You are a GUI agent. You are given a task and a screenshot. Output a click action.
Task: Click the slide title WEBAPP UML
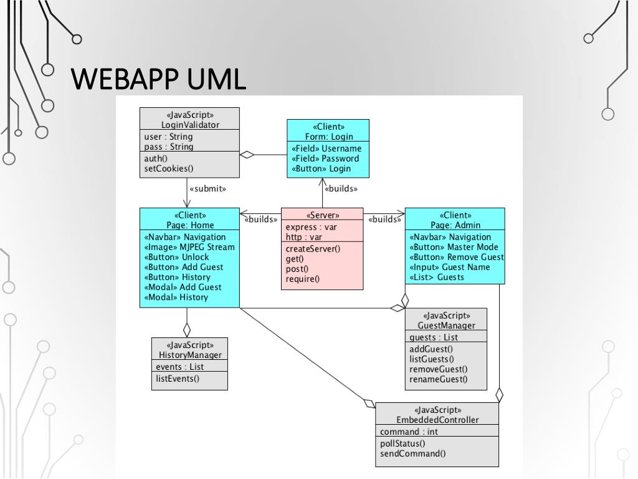point(158,79)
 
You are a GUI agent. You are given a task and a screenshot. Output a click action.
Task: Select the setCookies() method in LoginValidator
point(168,168)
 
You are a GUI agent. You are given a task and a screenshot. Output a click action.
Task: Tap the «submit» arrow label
point(207,188)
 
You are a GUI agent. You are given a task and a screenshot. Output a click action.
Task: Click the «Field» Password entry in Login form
point(325,158)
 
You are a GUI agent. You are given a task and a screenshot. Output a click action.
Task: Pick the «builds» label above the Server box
point(341,188)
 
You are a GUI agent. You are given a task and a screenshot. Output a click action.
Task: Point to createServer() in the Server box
point(313,248)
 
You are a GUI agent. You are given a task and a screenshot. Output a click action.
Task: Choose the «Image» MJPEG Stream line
point(189,247)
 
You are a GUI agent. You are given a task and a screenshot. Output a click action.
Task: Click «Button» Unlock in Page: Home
point(176,257)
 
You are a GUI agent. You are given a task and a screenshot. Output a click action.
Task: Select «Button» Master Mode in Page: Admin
point(454,247)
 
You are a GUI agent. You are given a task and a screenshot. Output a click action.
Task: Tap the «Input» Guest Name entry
point(450,267)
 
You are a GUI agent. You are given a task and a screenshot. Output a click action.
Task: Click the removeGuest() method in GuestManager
point(438,369)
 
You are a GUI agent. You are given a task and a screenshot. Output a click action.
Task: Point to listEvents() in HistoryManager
point(178,379)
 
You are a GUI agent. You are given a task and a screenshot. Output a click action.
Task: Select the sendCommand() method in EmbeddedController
point(412,453)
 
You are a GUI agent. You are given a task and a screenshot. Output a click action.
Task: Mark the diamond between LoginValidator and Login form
point(247,155)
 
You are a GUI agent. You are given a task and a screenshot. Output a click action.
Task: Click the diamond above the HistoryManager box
point(187,329)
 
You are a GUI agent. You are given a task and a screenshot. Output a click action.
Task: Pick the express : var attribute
point(311,227)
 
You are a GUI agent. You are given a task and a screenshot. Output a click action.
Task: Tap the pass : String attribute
point(168,147)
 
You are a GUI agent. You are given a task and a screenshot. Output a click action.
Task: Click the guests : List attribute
point(434,337)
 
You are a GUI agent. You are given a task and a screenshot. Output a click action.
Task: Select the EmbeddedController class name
point(437,420)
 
